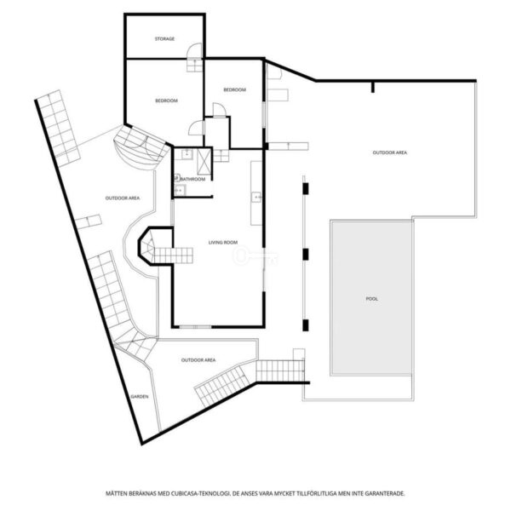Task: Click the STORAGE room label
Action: click(164, 39)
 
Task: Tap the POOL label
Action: click(372, 299)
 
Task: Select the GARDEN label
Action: click(140, 397)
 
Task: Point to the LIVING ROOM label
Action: click(223, 242)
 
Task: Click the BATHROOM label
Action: click(193, 179)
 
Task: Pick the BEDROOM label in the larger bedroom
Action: click(166, 100)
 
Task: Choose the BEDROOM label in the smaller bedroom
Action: click(235, 89)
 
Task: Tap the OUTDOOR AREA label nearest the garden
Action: click(198, 360)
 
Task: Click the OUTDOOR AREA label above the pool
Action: click(390, 152)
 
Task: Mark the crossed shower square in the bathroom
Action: click(204, 162)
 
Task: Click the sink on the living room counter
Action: click(256, 198)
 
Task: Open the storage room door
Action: click(195, 51)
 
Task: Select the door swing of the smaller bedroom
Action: click(219, 110)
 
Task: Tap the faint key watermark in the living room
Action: click(256, 256)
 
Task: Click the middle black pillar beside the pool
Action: click(306, 254)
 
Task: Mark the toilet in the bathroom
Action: click(177, 178)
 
